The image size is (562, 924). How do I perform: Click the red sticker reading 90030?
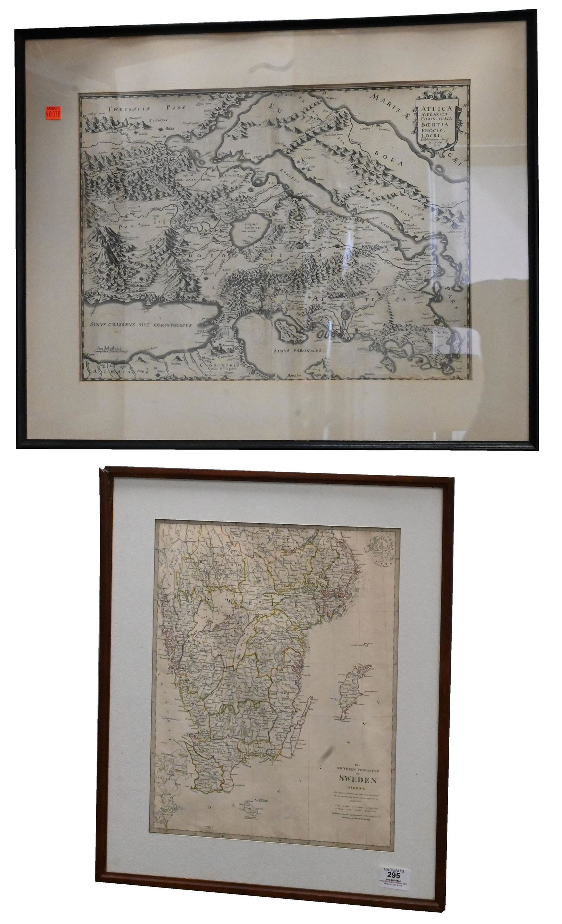[x=53, y=113]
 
